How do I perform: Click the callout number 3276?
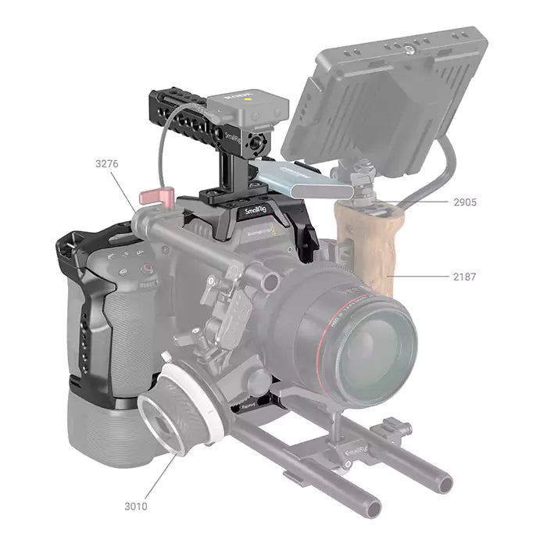click(x=108, y=164)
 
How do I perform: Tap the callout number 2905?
click(x=465, y=202)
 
